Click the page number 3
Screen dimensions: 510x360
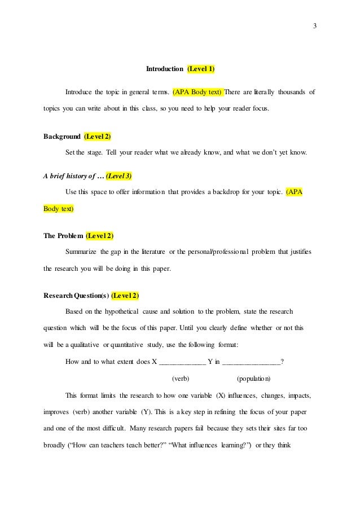(315, 25)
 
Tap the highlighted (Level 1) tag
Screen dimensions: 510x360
(201, 69)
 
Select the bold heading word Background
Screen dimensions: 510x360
(62, 136)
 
